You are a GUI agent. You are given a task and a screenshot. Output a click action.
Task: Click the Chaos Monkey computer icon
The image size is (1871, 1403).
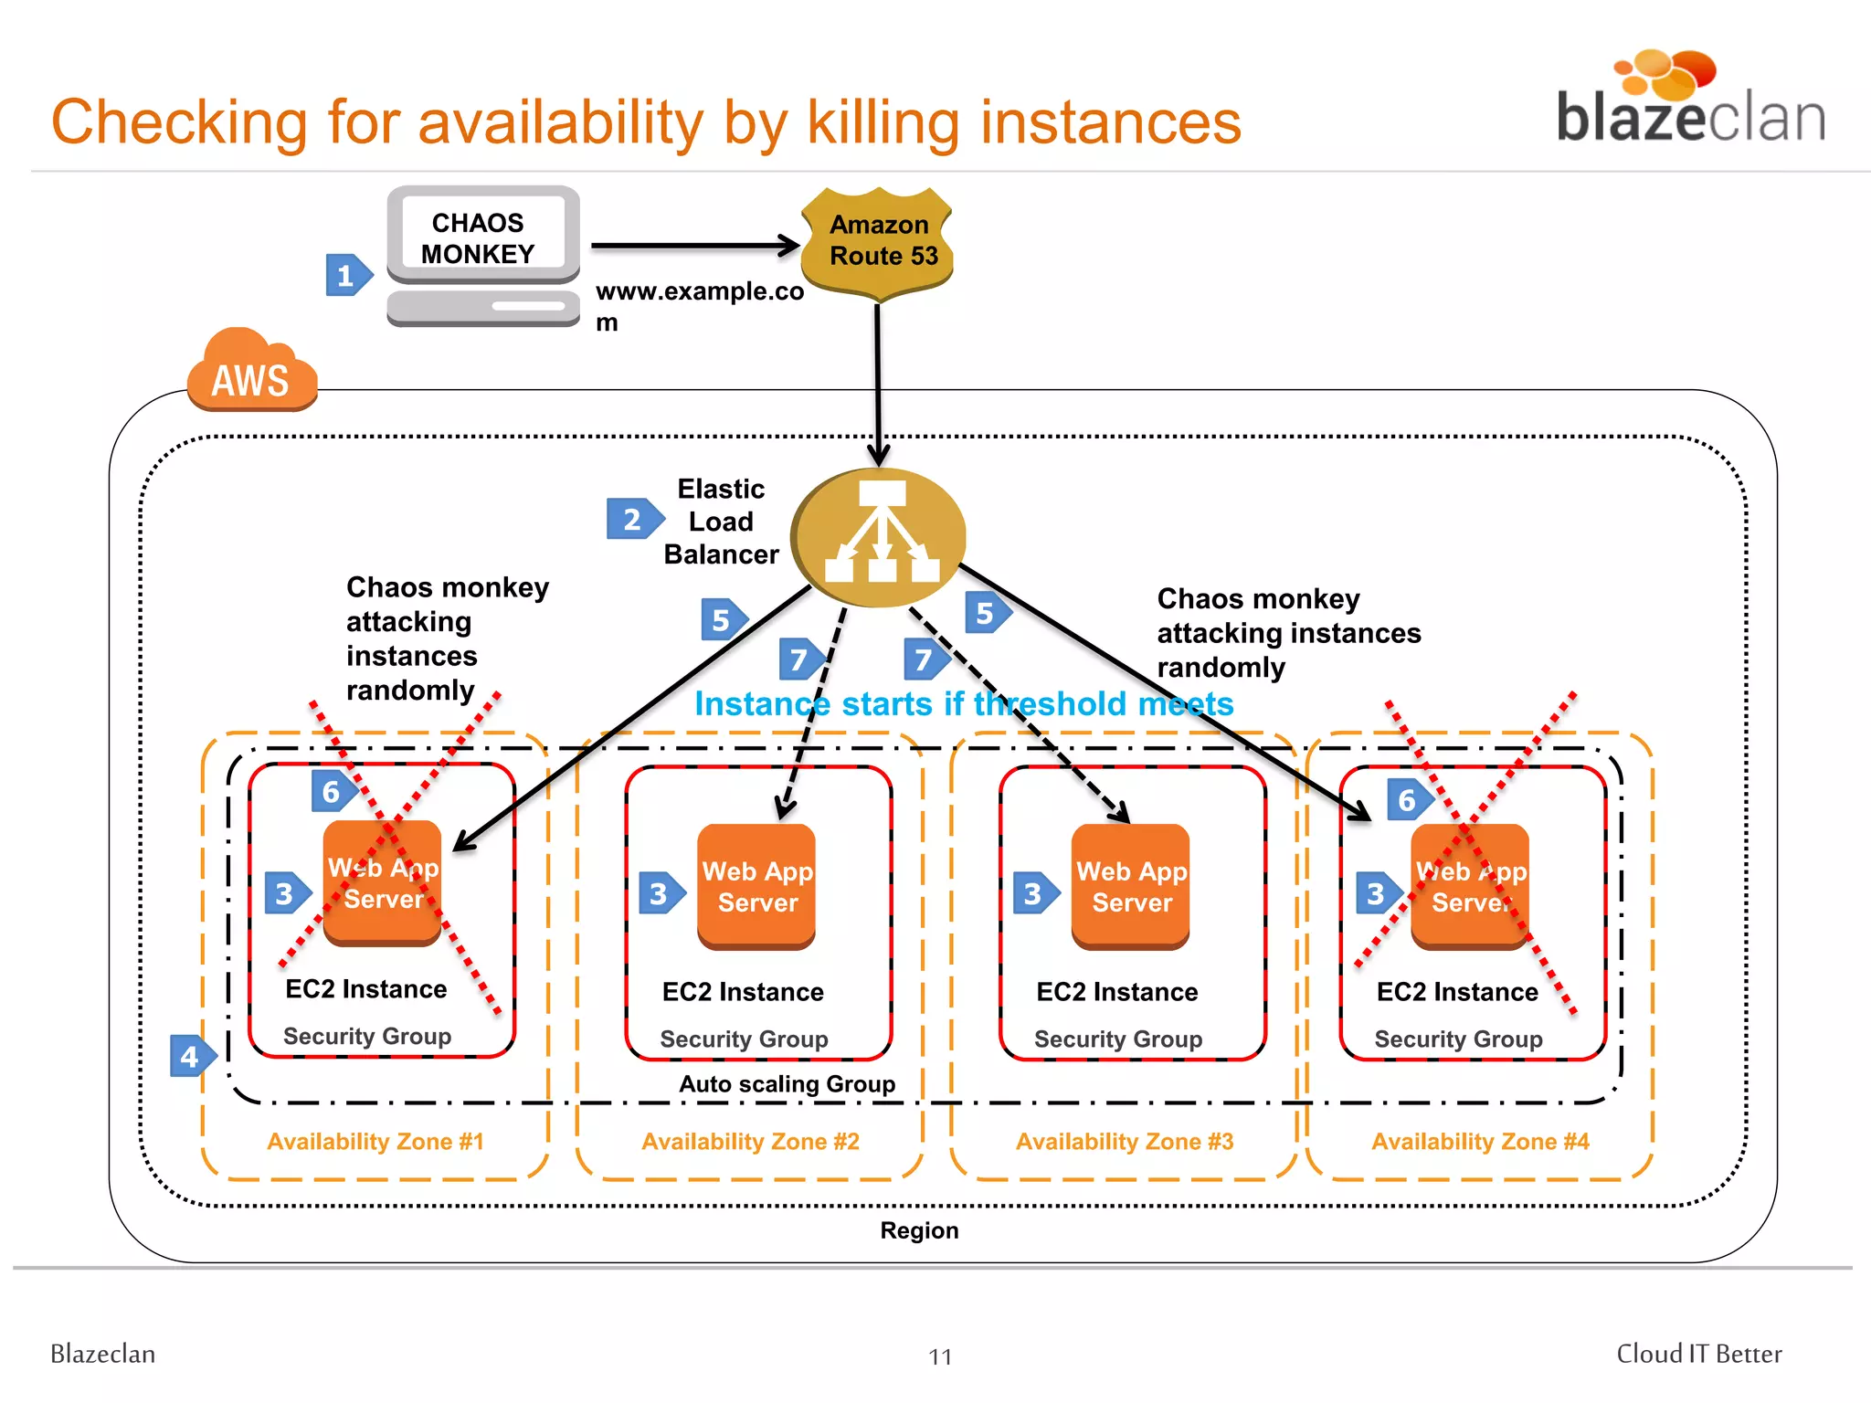(x=482, y=256)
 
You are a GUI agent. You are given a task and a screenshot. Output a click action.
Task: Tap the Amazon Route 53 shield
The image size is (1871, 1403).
(x=878, y=243)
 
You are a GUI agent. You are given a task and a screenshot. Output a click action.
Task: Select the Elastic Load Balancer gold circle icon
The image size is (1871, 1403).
(x=878, y=537)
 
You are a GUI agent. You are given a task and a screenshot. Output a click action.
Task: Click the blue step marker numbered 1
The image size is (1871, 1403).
(x=347, y=275)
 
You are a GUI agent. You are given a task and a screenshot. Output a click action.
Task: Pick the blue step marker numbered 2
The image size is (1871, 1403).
(x=634, y=519)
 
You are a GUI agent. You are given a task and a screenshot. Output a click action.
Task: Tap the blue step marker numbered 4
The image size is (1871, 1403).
(x=192, y=1057)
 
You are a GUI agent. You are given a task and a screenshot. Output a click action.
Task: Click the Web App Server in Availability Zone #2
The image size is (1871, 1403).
(x=756, y=886)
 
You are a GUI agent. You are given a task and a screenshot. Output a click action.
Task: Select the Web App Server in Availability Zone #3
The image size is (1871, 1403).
(x=1131, y=886)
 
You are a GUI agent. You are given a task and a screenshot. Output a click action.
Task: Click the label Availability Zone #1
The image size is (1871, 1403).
(x=375, y=1142)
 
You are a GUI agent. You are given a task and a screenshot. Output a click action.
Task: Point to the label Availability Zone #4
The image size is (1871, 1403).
(x=1480, y=1142)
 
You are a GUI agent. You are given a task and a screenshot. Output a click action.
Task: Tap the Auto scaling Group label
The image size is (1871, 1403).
(x=787, y=1084)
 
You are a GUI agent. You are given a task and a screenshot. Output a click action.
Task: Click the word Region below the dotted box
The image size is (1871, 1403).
(x=919, y=1230)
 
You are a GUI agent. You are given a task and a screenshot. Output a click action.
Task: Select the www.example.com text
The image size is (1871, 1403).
(x=699, y=292)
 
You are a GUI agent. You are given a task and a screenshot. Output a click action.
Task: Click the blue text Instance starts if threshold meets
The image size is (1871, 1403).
(x=964, y=704)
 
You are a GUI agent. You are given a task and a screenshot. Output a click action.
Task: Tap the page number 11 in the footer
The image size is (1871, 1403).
(x=940, y=1356)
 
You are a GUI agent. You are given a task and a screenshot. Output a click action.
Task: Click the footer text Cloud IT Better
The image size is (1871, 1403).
(x=1698, y=1354)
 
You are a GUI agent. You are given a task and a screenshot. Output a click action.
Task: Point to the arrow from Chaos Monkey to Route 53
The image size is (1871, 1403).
(x=694, y=246)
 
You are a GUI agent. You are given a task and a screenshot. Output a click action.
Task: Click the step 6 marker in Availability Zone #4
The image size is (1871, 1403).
(x=1408, y=800)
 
